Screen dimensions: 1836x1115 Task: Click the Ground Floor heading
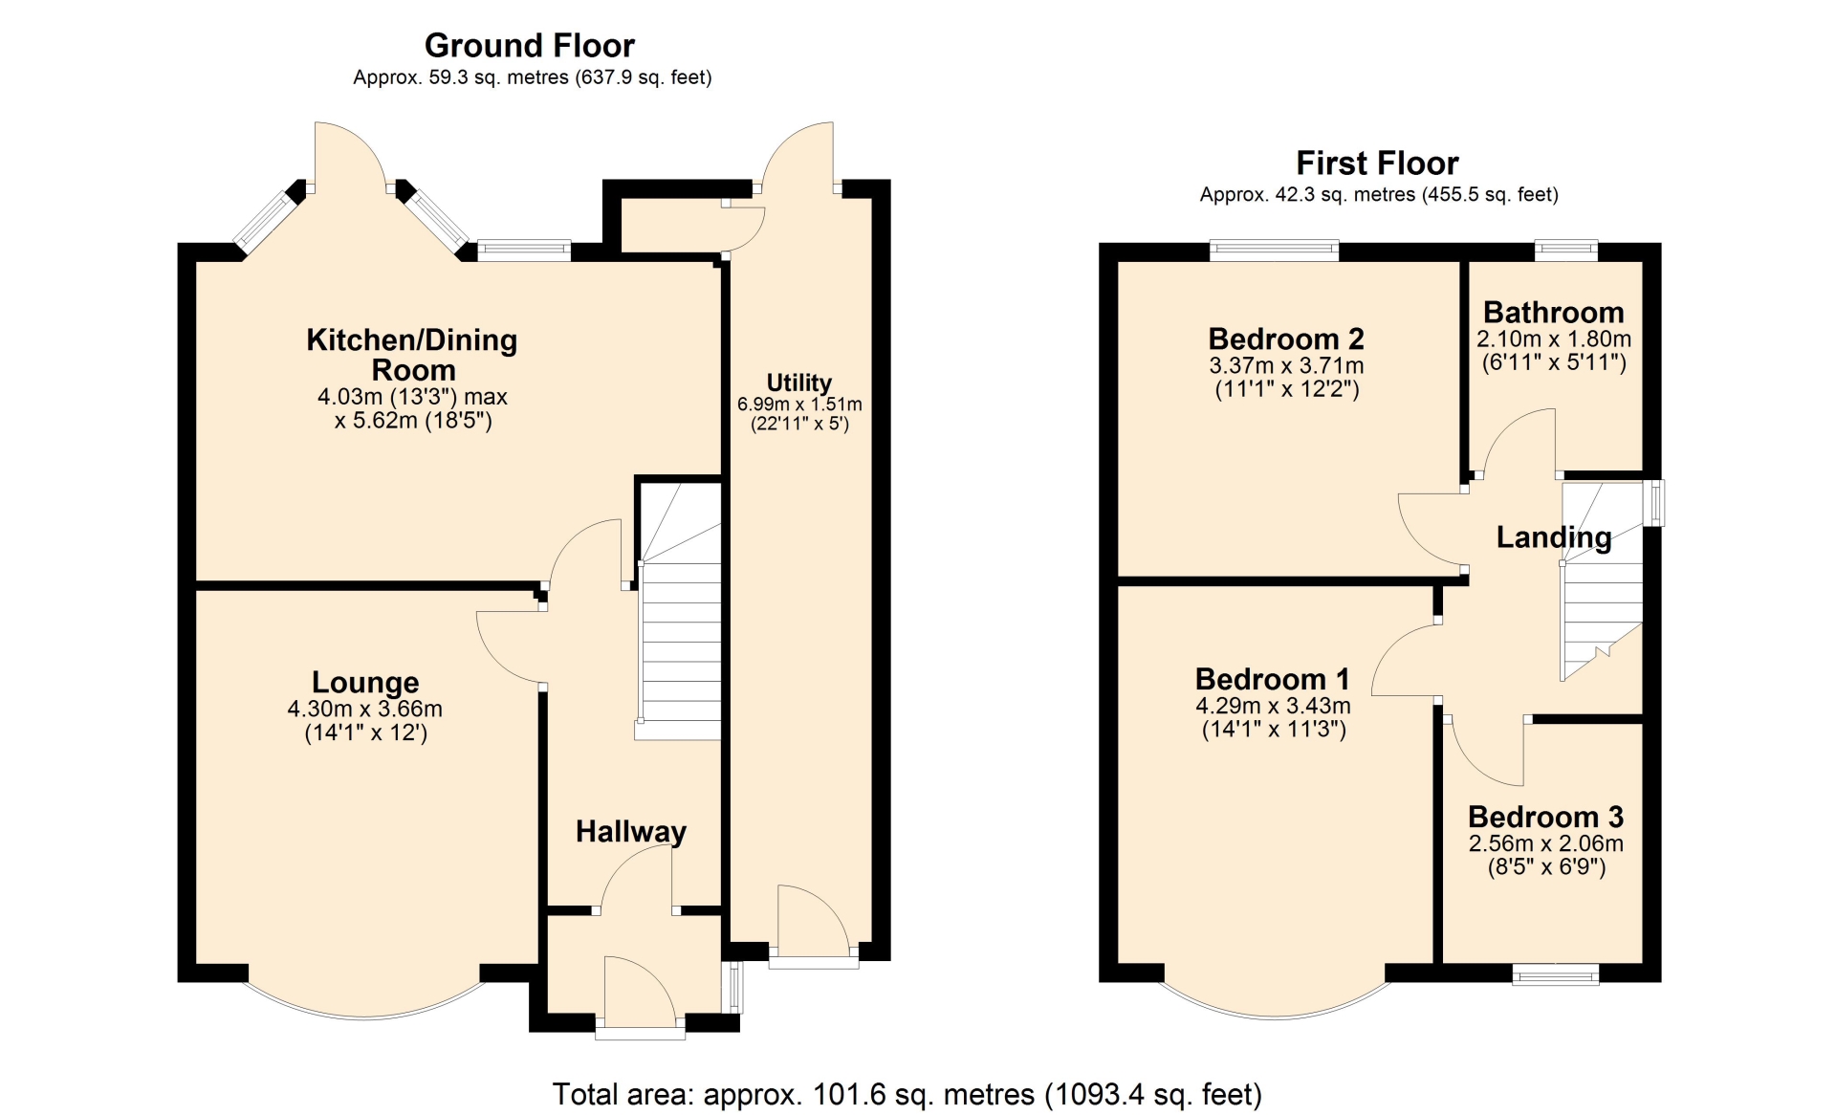point(529,45)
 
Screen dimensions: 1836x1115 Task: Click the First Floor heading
point(1377,163)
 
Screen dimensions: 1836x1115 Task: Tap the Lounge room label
point(365,682)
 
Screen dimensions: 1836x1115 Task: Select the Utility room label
point(798,383)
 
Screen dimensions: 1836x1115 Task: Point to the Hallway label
point(631,832)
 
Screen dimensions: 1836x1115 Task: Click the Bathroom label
point(1554,312)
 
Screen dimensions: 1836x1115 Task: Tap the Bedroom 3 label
point(1546,817)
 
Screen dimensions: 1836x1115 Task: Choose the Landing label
point(1554,537)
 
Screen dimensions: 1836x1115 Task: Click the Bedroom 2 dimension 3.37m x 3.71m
point(1286,365)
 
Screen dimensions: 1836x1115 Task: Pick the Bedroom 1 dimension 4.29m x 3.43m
point(1273,706)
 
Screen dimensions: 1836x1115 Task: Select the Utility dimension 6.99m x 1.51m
point(799,404)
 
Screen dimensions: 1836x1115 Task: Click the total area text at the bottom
point(907,1094)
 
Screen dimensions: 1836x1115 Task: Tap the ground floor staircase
point(679,610)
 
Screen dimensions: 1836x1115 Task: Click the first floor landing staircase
point(1602,581)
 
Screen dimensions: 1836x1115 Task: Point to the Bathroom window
point(1566,251)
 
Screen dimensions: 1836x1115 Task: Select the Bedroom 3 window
point(1556,974)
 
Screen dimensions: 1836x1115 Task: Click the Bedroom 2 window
point(1274,251)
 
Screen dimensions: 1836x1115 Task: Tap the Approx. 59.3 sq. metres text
point(533,77)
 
